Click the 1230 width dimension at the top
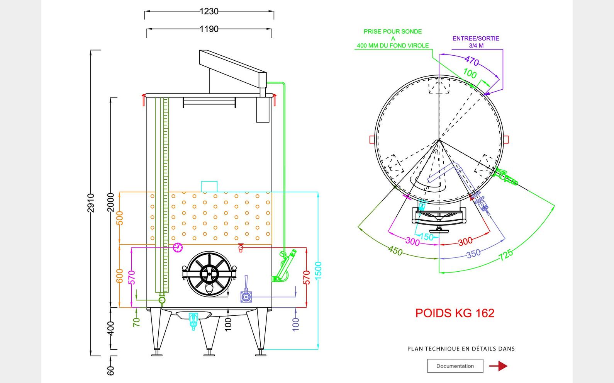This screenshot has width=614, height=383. pos(209,12)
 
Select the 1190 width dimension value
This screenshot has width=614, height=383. pos(209,29)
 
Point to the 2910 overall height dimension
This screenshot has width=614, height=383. pos(91,203)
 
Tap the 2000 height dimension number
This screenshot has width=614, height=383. pos(111,202)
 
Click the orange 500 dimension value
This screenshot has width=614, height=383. pos(120,218)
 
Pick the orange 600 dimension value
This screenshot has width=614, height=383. pos(120,276)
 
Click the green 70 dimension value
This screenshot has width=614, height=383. pos(136,322)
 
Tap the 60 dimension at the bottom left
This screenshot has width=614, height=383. pos(111,371)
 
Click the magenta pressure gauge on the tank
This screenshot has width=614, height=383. pos(178,247)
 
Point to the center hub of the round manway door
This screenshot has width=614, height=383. pos(209,274)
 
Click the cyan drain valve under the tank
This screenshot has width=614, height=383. pos(193,321)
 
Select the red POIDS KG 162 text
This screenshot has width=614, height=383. pos(455,313)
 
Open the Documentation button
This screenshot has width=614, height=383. pos(455,366)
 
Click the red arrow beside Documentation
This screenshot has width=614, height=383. pos(499,366)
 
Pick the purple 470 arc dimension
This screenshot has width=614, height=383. pos(472,61)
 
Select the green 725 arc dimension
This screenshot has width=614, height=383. pos(506,255)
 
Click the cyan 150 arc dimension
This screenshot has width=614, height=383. pos(426,237)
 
